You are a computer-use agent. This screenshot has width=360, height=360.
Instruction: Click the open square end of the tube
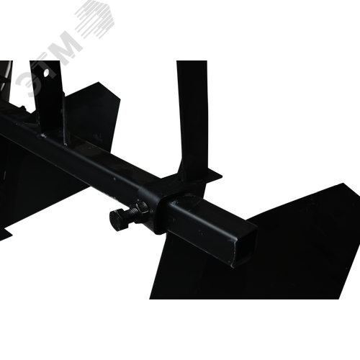(x=243, y=246)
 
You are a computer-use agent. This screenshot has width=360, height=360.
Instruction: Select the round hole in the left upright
(x=46, y=72)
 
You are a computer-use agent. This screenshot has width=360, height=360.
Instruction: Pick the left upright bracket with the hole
(x=48, y=101)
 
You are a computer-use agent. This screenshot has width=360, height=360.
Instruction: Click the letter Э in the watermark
(x=26, y=84)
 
